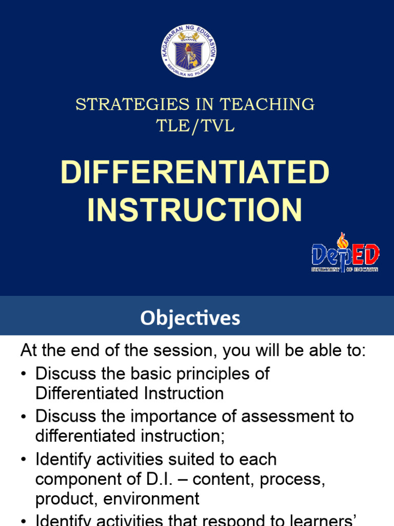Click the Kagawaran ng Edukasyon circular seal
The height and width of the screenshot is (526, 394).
click(190, 54)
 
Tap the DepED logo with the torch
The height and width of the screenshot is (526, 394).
click(345, 254)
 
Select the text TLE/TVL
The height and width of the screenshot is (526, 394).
click(195, 126)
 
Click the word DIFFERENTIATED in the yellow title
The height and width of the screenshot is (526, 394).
click(195, 173)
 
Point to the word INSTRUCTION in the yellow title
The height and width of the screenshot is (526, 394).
click(195, 210)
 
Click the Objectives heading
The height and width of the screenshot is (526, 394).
click(190, 318)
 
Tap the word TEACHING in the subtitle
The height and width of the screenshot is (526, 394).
click(267, 104)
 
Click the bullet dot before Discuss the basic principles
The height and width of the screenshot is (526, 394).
click(24, 374)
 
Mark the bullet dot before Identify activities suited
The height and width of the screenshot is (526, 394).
click(24, 459)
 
